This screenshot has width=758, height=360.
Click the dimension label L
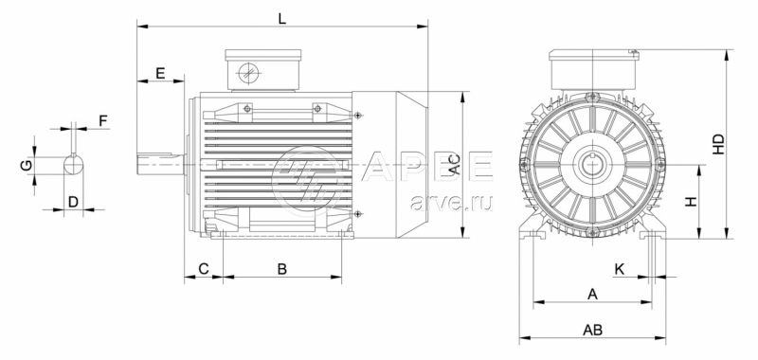(282, 19)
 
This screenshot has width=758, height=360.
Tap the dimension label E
(160, 74)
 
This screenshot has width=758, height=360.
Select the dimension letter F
(103, 120)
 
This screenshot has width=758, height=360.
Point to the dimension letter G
(27, 166)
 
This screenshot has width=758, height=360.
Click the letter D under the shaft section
(73, 202)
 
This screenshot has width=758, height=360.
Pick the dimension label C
(204, 269)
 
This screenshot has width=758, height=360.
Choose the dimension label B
(281, 269)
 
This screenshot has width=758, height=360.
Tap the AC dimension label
(455, 165)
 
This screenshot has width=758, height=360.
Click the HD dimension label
(719, 144)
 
